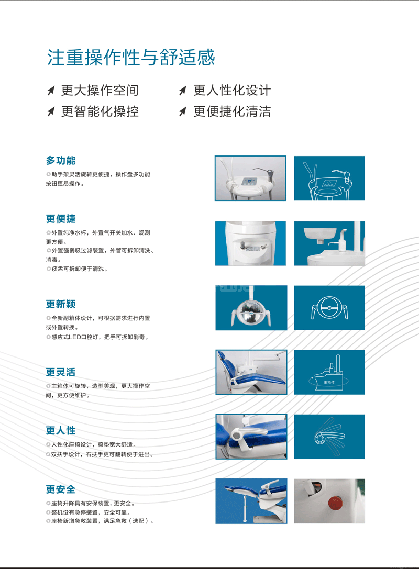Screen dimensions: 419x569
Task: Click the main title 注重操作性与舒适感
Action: (x=131, y=58)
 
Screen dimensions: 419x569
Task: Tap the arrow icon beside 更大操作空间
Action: (x=51, y=91)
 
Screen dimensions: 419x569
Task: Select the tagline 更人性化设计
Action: (x=232, y=91)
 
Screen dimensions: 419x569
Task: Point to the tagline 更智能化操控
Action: (x=100, y=111)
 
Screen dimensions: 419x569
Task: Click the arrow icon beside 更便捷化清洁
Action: (x=183, y=111)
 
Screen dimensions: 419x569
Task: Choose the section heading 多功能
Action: (x=61, y=160)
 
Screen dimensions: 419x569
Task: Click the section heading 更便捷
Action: (x=61, y=219)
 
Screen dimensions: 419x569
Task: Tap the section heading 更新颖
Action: (x=61, y=304)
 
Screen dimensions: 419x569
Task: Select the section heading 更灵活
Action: (x=61, y=372)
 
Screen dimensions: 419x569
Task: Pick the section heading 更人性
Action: (x=61, y=430)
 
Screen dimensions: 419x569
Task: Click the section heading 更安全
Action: (x=61, y=489)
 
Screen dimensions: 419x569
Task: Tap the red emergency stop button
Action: (x=336, y=503)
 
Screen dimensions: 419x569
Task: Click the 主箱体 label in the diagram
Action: (x=329, y=382)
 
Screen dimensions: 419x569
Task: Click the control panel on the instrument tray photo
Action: (x=249, y=182)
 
